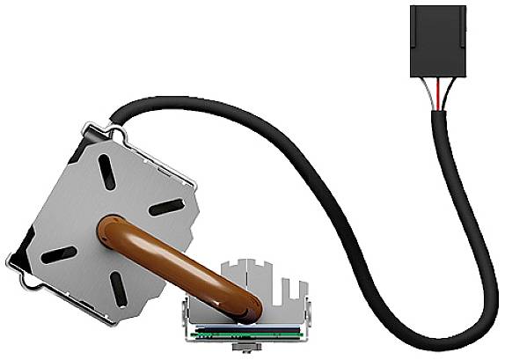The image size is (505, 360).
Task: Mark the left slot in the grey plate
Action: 59,254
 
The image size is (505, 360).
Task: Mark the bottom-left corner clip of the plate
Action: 21,273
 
